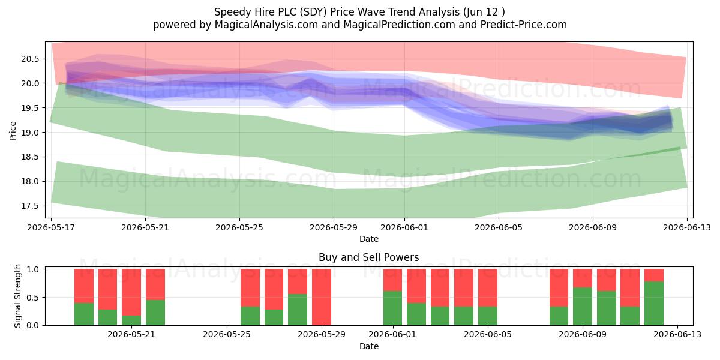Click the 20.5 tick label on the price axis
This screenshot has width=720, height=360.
(x=30, y=59)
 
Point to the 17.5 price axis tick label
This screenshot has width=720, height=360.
(x=30, y=206)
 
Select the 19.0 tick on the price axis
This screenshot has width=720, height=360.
(x=30, y=133)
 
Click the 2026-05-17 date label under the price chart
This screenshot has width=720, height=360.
(x=51, y=227)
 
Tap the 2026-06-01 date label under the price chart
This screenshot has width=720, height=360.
(x=404, y=227)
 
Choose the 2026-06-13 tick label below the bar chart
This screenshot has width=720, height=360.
(x=677, y=334)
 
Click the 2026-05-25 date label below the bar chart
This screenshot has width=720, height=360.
(x=227, y=334)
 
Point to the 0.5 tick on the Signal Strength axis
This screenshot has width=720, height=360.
(x=33, y=298)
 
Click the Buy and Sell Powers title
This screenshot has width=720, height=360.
(x=368, y=257)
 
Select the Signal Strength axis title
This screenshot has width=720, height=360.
(x=17, y=296)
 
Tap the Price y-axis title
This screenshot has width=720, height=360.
(x=13, y=131)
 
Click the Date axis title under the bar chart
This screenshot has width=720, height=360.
(x=368, y=346)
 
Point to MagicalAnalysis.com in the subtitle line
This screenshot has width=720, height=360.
(x=266, y=25)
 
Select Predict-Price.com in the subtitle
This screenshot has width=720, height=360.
(x=524, y=25)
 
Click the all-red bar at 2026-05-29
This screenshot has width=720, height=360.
(x=322, y=297)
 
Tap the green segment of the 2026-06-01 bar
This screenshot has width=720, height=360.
(x=392, y=308)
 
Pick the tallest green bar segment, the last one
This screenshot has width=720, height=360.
(x=654, y=304)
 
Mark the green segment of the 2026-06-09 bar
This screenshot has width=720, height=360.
(x=583, y=307)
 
